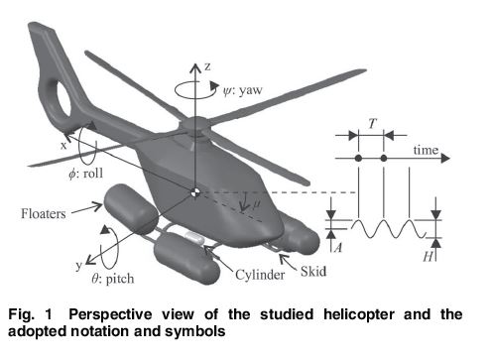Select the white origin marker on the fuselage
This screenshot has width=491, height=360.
196,190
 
